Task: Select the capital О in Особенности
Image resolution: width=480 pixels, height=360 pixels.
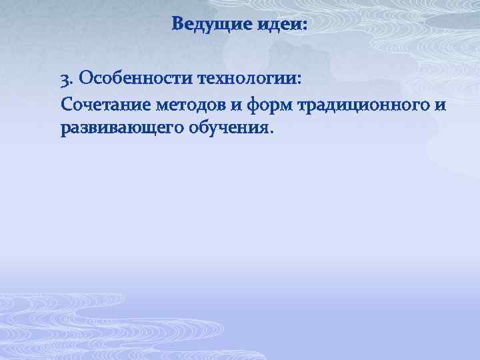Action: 85,81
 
